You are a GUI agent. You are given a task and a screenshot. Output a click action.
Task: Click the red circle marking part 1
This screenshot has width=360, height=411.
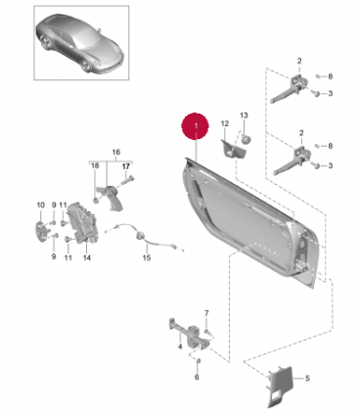tap(195, 126)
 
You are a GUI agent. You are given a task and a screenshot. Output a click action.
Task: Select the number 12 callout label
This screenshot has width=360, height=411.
tap(225, 123)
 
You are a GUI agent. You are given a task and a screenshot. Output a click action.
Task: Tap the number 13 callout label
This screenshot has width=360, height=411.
tap(244, 115)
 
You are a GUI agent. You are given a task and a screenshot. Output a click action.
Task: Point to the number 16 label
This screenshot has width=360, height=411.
tap(116, 152)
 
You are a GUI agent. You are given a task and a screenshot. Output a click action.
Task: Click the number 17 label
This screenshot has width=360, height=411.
tap(126, 166)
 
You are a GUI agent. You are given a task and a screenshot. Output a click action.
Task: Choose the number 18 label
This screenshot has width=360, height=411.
tap(95, 166)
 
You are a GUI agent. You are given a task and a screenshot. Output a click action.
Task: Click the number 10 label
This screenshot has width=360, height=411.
tap(40, 205)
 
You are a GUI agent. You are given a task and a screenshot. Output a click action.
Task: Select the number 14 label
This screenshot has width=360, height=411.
tap(87, 257)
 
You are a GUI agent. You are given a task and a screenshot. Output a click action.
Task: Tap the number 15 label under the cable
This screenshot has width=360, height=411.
tap(147, 257)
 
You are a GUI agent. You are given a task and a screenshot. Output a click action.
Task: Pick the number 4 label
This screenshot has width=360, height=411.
tap(180, 346)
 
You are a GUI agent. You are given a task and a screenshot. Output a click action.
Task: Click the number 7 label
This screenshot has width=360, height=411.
tap(206, 313)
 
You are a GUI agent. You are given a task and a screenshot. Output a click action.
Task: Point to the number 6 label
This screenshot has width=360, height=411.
tap(197, 377)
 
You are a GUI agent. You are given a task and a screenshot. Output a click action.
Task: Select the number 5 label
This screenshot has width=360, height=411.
tap(307, 379)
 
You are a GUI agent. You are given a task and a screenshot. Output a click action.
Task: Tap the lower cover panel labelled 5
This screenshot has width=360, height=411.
tap(280, 386)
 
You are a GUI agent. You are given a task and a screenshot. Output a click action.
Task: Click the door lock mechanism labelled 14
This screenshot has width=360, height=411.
tap(82, 223)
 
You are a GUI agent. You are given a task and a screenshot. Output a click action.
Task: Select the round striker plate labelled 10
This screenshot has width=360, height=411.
tap(41, 231)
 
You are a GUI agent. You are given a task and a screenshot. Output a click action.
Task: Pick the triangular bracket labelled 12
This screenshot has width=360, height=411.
tap(233, 149)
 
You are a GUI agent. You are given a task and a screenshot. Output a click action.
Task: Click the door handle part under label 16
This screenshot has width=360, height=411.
tap(111, 198)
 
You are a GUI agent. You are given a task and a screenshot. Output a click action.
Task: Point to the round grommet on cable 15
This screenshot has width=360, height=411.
tap(141, 236)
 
